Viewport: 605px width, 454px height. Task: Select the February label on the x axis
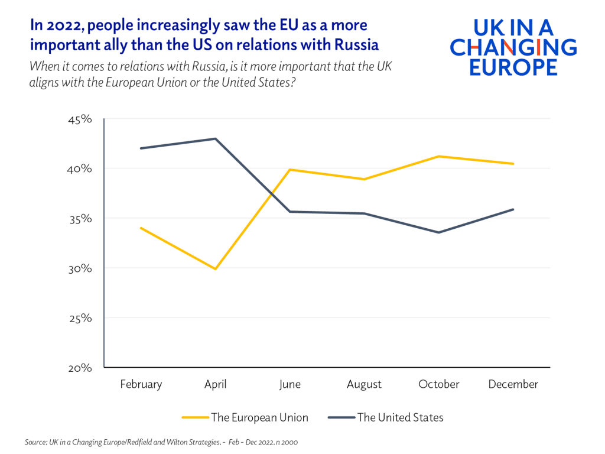(141, 384)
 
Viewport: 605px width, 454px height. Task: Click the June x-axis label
(290, 384)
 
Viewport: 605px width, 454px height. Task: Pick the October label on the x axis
(438, 384)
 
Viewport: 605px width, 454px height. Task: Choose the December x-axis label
(513, 384)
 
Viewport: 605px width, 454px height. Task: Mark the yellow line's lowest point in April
(215, 269)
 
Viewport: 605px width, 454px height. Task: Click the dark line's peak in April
(215, 138)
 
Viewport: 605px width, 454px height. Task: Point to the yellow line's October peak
(438, 156)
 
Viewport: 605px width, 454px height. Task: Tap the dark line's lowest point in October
(438, 232)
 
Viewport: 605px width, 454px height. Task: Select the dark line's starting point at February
(141, 148)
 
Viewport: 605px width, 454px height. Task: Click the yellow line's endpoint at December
(513, 164)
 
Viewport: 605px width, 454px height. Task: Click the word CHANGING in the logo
(513, 47)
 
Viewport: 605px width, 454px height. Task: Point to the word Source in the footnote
(35, 442)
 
